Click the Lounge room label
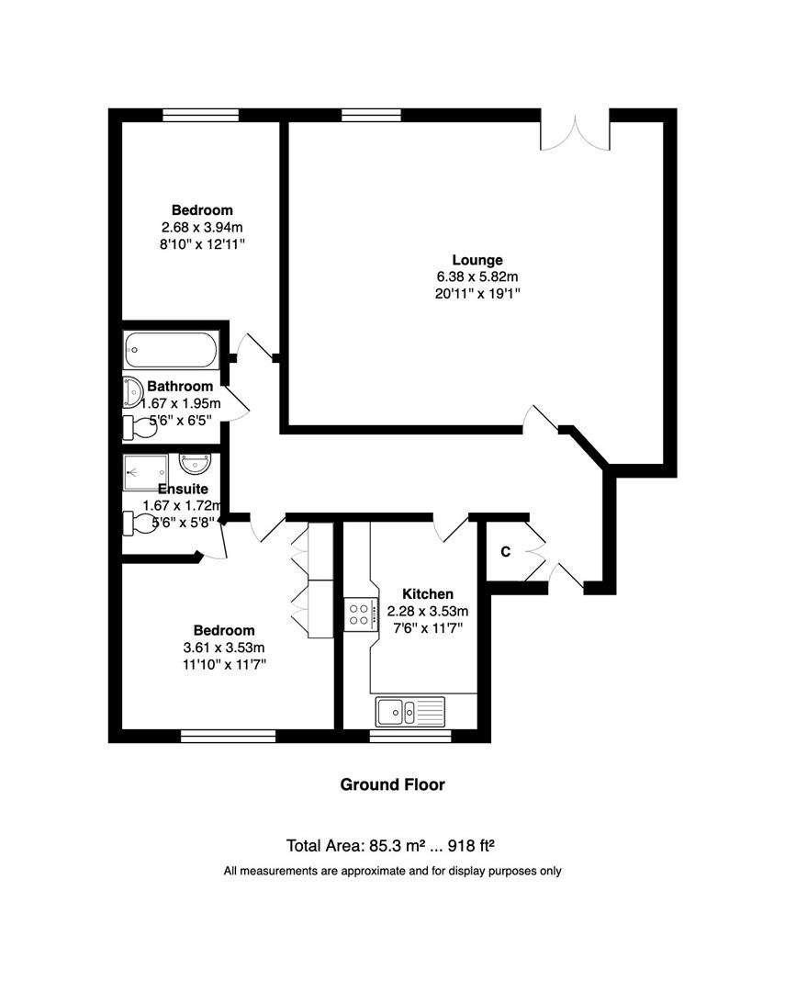pos(477,260)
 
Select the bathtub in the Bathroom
pos(171,350)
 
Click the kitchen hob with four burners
pos(358,613)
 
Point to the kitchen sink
pos(409,710)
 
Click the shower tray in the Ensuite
pos(146,471)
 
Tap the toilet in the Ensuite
pos(139,523)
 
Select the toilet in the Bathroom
pos(139,427)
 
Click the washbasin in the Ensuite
pos(195,463)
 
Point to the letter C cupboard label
pos(505,552)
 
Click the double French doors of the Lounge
pos(576,130)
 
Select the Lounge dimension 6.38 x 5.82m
pos(477,276)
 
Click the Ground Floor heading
pos(392,784)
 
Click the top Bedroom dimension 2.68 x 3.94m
pos(202,227)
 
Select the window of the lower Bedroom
pos(228,735)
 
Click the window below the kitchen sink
pos(409,736)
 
